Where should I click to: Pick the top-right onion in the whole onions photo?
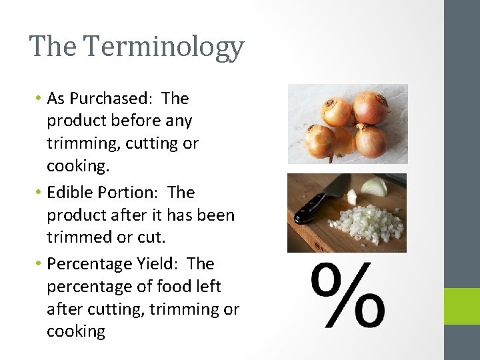371,107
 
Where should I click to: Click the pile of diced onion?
370,224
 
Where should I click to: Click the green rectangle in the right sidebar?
462,306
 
